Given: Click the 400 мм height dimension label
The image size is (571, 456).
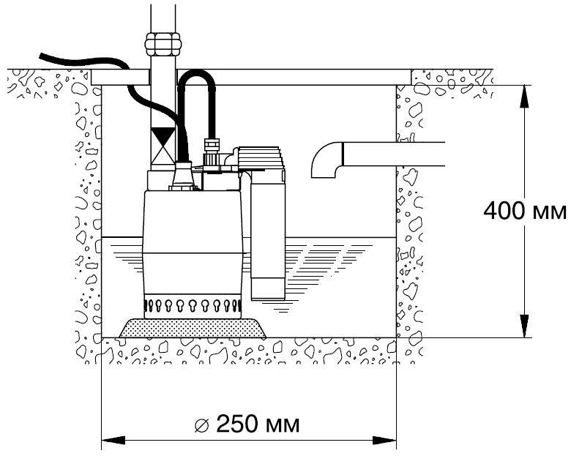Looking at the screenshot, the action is pos(524,211).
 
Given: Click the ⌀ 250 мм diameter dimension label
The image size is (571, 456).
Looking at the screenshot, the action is pos(247,424).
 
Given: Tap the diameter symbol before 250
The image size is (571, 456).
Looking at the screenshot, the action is pos(201,425).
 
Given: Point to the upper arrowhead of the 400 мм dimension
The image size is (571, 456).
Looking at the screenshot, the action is pos(523,96).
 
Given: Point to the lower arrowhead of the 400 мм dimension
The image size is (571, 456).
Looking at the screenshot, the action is pos(523,326).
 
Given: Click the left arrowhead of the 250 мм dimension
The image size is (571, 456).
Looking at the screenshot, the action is pos(113,441).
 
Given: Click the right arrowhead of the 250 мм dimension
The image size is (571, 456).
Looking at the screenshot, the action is pos(384,441).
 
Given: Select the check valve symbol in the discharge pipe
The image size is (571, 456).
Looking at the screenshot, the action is pos(163,146).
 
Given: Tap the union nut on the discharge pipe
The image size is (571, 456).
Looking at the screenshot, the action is pos(163,44).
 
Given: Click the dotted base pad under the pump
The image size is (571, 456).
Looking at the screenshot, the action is pos(193,328).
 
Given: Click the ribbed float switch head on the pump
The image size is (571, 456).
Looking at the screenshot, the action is pos(261,158).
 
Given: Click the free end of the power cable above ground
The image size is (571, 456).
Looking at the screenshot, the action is pos(41,56).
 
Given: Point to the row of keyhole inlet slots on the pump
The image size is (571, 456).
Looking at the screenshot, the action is pos(193,304).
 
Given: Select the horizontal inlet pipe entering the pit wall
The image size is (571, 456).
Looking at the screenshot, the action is pos(394,154).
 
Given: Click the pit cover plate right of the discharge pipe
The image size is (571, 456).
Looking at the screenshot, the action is pos(294,77).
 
